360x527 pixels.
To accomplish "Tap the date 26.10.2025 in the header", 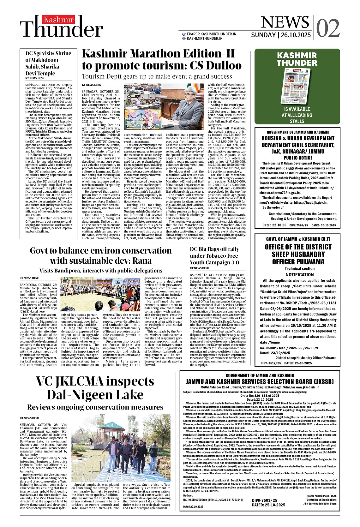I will pos(295,35).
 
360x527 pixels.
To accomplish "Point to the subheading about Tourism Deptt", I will pos(157,76).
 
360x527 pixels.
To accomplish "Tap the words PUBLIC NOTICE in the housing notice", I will pos(298,158).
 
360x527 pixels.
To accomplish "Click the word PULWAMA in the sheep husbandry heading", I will pos(310,262).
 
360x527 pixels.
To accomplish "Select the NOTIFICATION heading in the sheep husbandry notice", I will pos(299,275).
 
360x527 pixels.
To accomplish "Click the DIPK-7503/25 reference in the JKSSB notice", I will pos(264,509).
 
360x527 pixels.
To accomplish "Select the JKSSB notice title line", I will pos(260,381).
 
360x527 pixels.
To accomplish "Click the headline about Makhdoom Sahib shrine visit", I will pos(48,63).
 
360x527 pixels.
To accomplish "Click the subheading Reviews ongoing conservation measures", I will pos(95,407).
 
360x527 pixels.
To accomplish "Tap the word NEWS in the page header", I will pos(285,22).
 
